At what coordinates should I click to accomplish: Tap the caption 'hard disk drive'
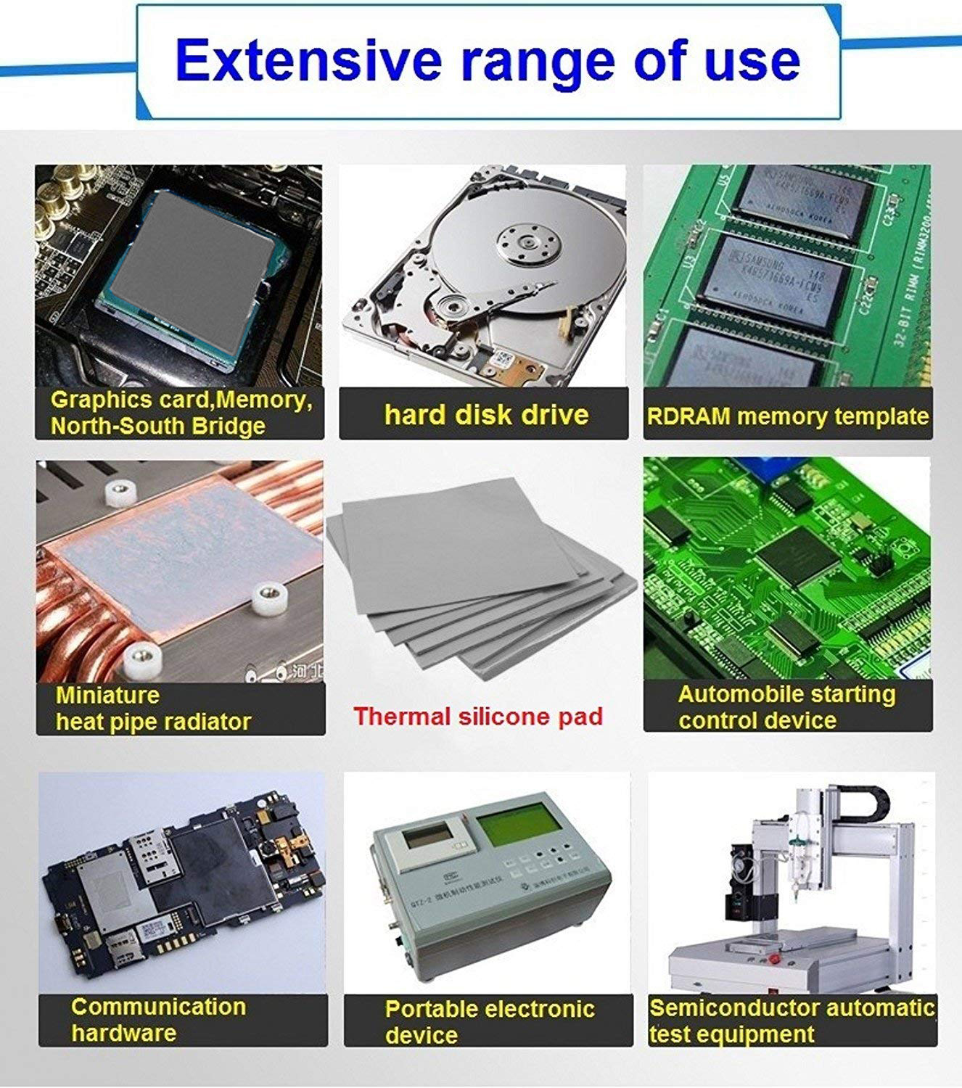(486, 415)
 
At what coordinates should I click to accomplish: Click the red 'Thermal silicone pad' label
(478, 717)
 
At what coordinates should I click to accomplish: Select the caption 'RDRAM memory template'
(787, 416)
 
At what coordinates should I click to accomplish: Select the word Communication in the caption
(158, 1007)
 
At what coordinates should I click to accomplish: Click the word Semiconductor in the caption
(733, 1008)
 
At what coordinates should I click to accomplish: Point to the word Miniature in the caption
(107, 695)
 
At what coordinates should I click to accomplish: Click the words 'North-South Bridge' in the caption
(157, 426)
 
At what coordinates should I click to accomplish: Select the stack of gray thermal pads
(479, 580)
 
